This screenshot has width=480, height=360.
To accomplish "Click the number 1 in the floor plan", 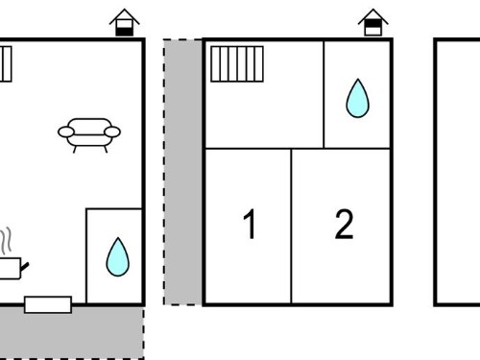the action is click(x=250, y=224).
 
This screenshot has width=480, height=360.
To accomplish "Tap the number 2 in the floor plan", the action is click(x=344, y=224).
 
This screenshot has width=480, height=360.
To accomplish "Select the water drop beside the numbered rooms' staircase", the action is click(x=357, y=98).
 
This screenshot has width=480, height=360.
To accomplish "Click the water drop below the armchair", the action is click(x=118, y=257).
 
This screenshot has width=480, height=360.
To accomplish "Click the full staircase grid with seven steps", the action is click(x=237, y=64).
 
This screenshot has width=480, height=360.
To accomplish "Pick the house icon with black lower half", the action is click(x=124, y=22).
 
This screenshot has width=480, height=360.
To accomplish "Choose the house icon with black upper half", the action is click(x=372, y=22).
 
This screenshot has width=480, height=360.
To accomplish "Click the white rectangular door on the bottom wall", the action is click(x=48, y=304).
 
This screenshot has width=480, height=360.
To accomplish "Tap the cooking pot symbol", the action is click(x=12, y=268).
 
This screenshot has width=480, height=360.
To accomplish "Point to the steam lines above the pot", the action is click(x=6, y=241).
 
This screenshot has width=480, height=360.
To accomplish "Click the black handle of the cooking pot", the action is click(x=25, y=266).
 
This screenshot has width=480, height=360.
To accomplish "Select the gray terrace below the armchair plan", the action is click(x=72, y=333).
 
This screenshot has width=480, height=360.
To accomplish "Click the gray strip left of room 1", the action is click(x=182, y=172).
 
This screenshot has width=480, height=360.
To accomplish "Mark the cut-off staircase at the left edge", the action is click(x=6, y=64).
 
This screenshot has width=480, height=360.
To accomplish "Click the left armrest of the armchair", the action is click(x=66, y=132).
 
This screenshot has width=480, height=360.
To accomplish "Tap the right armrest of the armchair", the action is click(x=112, y=132).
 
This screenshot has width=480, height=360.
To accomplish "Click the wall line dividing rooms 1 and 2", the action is click(x=291, y=226).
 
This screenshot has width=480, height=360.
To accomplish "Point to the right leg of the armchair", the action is click(x=106, y=149).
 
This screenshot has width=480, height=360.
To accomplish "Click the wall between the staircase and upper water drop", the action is click(x=324, y=94).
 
